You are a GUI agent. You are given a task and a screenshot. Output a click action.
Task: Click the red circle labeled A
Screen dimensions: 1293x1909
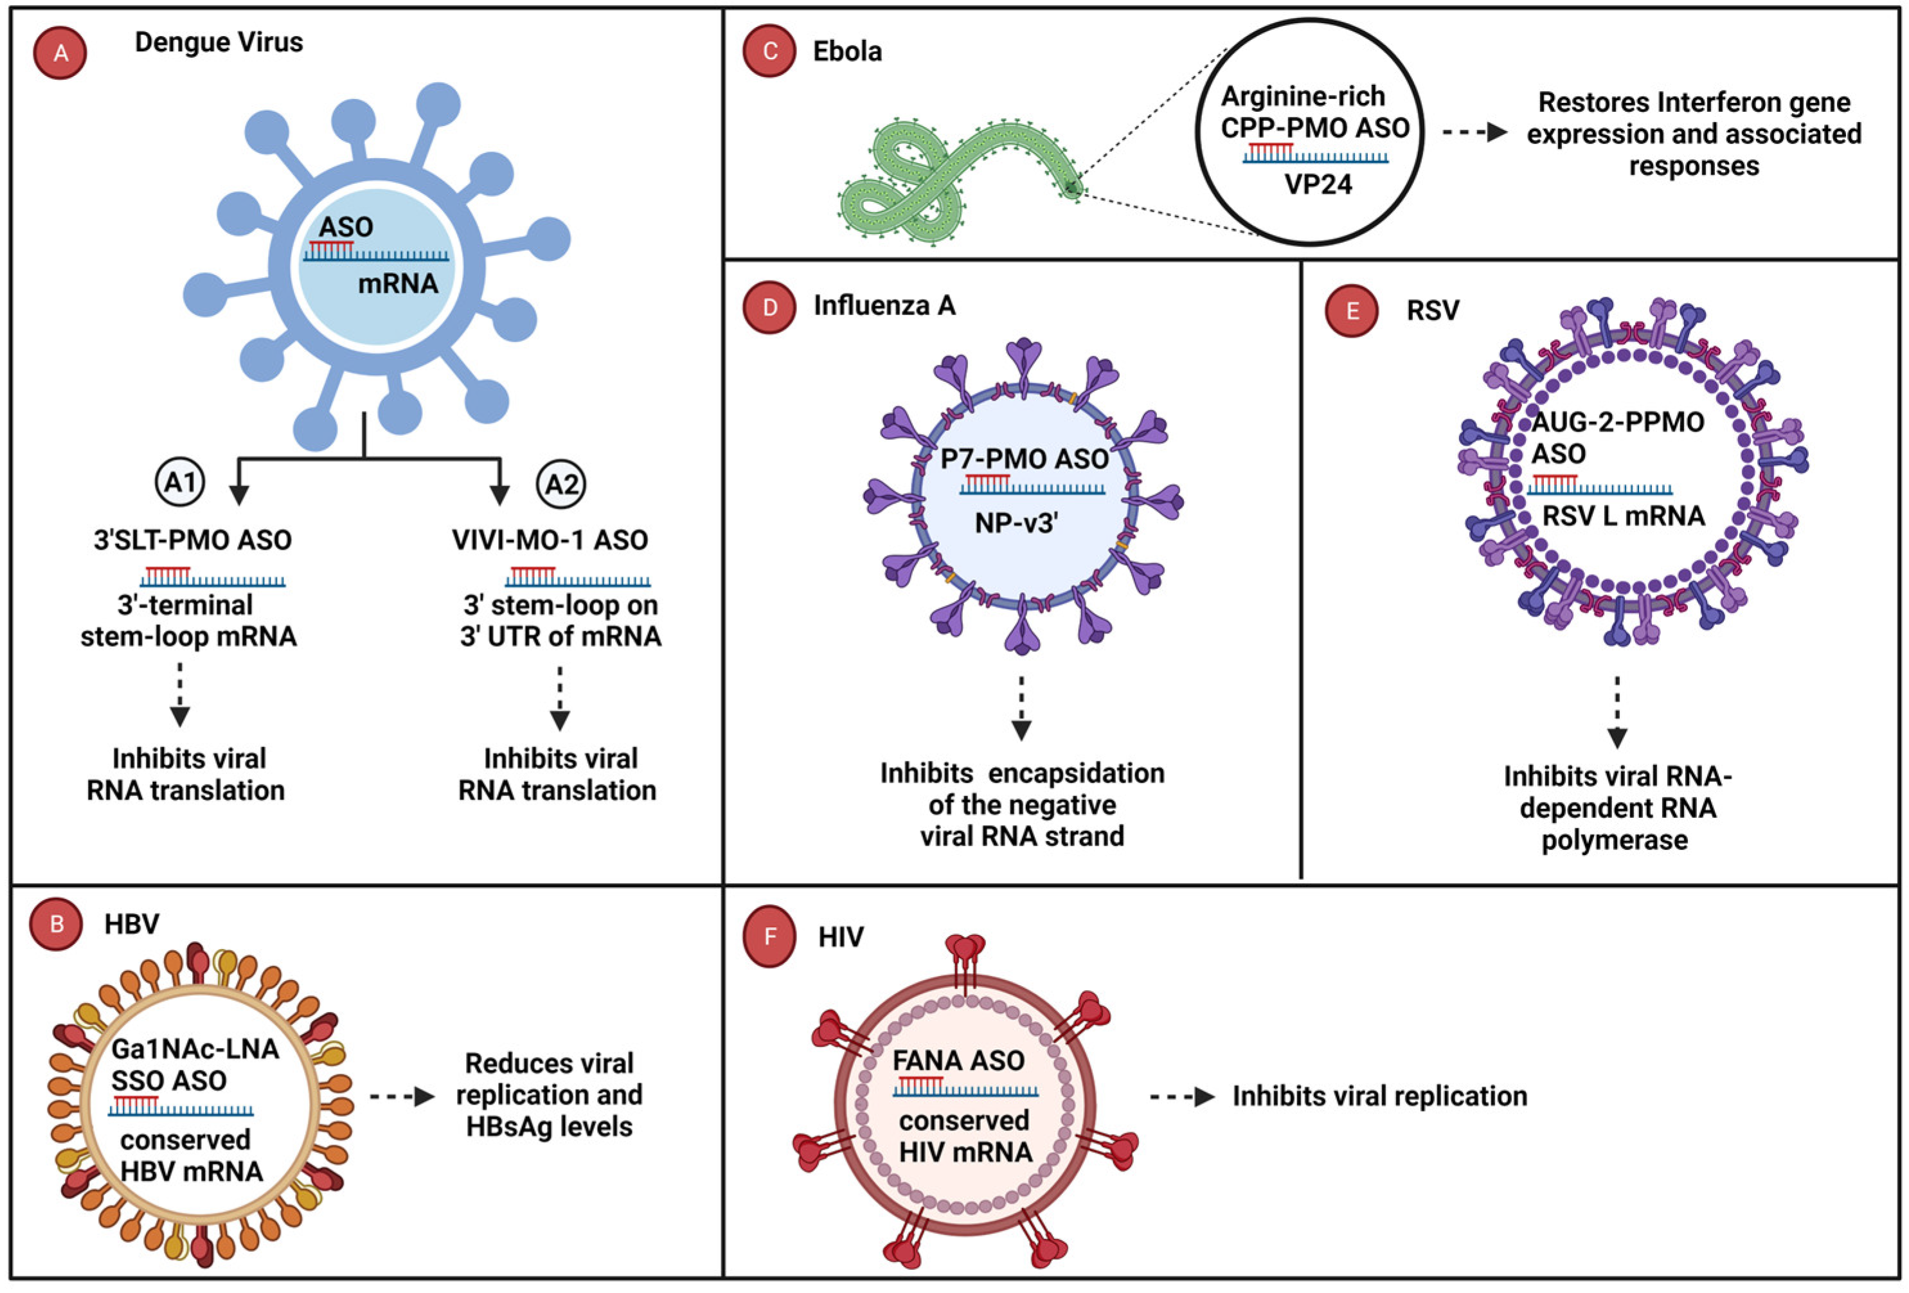(60, 53)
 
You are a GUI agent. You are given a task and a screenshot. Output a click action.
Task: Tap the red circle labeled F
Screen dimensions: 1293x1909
(769, 937)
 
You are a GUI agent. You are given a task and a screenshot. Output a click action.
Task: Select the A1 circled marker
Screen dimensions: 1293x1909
(180, 482)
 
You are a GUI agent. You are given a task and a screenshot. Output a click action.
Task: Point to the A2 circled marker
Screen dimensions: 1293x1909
(562, 484)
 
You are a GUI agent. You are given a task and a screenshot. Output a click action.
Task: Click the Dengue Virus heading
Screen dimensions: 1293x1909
(219, 42)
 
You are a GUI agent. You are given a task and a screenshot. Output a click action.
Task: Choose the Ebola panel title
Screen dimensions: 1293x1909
(847, 51)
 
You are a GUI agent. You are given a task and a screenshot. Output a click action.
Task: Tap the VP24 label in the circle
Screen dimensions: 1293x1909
(1318, 184)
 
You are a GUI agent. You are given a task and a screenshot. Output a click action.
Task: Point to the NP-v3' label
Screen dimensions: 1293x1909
(1016, 523)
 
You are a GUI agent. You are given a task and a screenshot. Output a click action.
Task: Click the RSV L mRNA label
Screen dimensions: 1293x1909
(1623, 516)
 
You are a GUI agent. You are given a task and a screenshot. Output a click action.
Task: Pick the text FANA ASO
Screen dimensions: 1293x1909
(958, 1060)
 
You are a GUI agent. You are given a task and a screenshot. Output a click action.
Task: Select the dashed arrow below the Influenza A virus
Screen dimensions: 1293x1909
(1021, 707)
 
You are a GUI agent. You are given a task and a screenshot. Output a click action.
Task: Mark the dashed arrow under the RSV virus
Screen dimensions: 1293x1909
(1617, 711)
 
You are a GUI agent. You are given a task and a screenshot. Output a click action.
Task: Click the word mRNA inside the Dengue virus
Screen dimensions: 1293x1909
(398, 284)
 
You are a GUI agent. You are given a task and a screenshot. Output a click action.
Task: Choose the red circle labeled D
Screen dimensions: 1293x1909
(769, 307)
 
